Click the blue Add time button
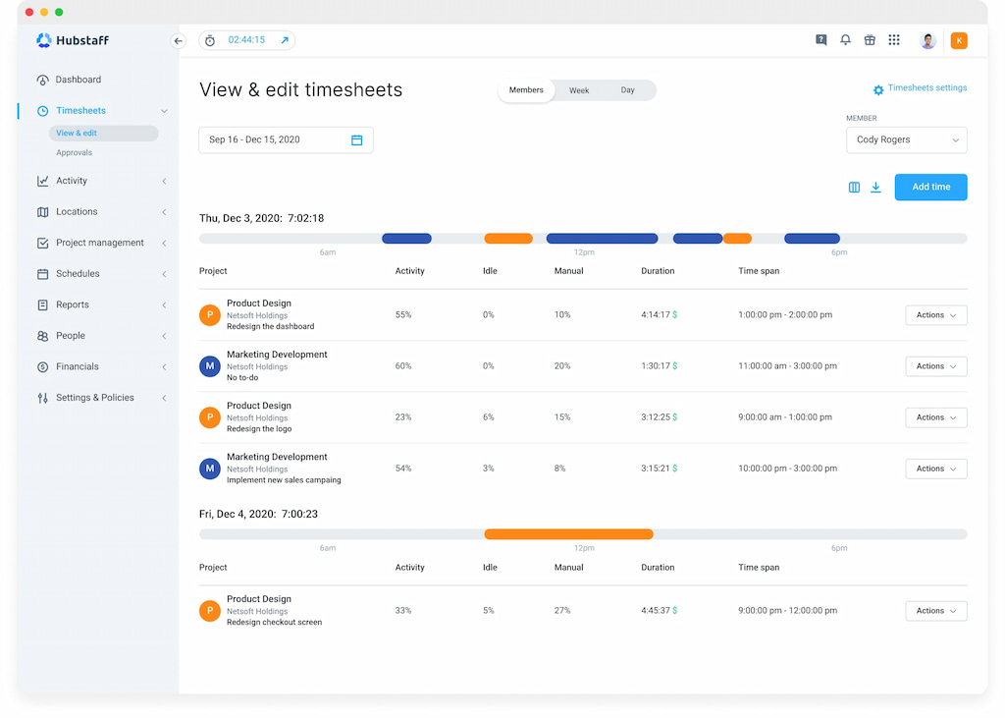pyautogui.click(x=930, y=187)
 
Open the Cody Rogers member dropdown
pyautogui.click(x=906, y=140)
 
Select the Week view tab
pyautogui.click(x=579, y=90)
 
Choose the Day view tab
pyautogui.click(x=627, y=90)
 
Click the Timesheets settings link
pyautogui.click(x=920, y=88)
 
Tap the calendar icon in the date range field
pyautogui.click(x=356, y=140)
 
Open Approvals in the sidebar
pyautogui.click(x=75, y=153)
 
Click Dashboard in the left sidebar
pyautogui.click(x=78, y=80)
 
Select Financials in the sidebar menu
pyautogui.click(x=78, y=366)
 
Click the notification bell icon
pyautogui.click(x=845, y=40)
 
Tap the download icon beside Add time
pyautogui.click(x=875, y=188)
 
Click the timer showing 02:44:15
pyautogui.click(x=246, y=40)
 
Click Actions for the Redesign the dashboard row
pyautogui.click(x=935, y=315)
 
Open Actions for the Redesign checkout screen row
pyautogui.click(x=935, y=611)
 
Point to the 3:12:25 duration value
pyautogui.click(x=655, y=417)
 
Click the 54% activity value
pyautogui.click(x=403, y=469)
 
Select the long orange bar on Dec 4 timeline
pyautogui.click(x=568, y=534)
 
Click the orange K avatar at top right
pyautogui.click(x=959, y=40)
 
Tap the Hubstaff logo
pyautogui.click(x=73, y=40)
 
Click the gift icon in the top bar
pyautogui.click(x=870, y=40)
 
